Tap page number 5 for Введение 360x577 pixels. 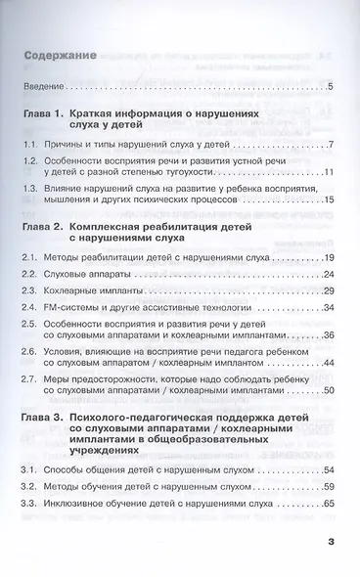coord(333,90)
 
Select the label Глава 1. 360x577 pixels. coord(45,116)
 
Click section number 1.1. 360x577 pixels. coord(32,145)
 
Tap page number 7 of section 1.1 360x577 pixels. coord(333,145)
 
